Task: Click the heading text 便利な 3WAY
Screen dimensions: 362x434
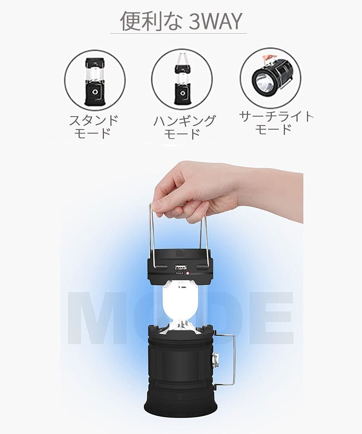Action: click(181, 21)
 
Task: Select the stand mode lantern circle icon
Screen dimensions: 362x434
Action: click(95, 80)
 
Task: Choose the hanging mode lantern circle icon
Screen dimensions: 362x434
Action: click(182, 80)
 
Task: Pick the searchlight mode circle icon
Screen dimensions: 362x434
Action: click(270, 78)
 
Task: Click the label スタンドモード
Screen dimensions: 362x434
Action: click(93, 127)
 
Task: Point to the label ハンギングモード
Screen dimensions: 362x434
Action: click(184, 127)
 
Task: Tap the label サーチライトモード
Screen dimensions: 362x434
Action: click(276, 123)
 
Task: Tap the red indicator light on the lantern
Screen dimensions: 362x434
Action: click(188, 273)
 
